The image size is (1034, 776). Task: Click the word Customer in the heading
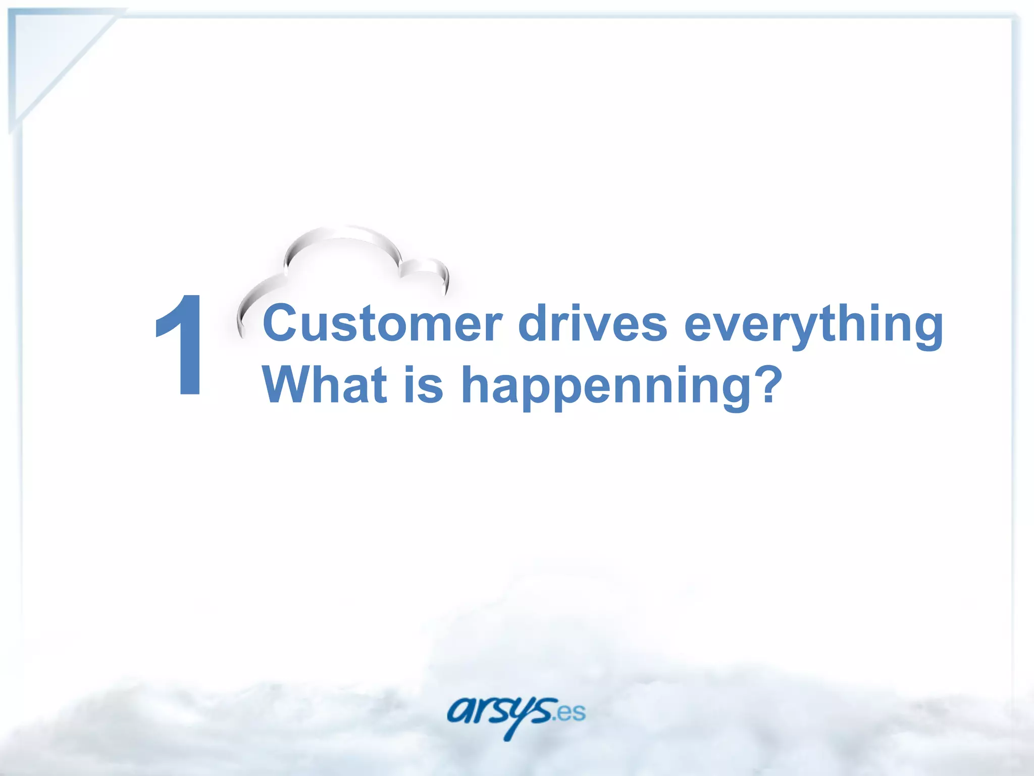tap(383, 323)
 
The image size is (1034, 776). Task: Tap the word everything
tap(813, 326)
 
